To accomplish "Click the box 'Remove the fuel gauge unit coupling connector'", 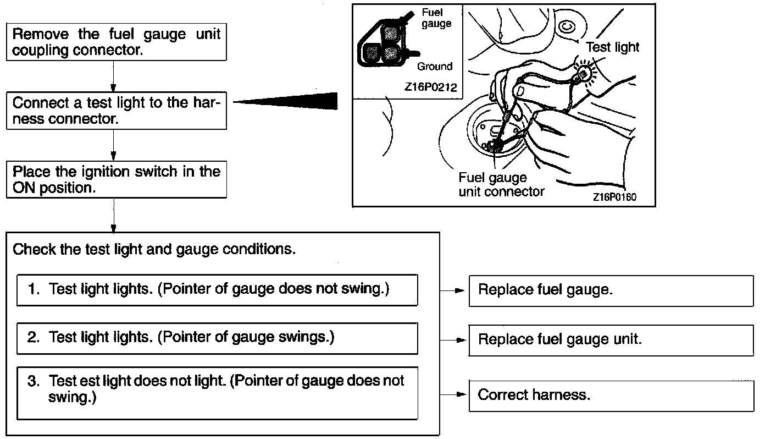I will pyautogui.click(x=116, y=42).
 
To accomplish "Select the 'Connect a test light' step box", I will pyautogui.click(x=116, y=111).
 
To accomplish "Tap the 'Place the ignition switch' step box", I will pyautogui.click(x=116, y=179).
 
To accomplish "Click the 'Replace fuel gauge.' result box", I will pyautogui.click(x=611, y=290).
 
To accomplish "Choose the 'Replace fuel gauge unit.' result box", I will pyautogui.click(x=611, y=339).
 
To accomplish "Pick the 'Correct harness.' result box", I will pyautogui.click(x=611, y=395).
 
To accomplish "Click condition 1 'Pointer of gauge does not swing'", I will pyautogui.click(x=217, y=289).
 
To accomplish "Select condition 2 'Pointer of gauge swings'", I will pyautogui.click(x=217, y=338).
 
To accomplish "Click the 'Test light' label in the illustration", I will pyautogui.click(x=613, y=47).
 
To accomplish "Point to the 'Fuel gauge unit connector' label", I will pyautogui.click(x=501, y=185).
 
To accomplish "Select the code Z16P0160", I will pyautogui.click(x=614, y=197).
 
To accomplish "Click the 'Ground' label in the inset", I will pyautogui.click(x=435, y=67).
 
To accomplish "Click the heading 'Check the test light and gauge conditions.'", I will pyautogui.click(x=154, y=249).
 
